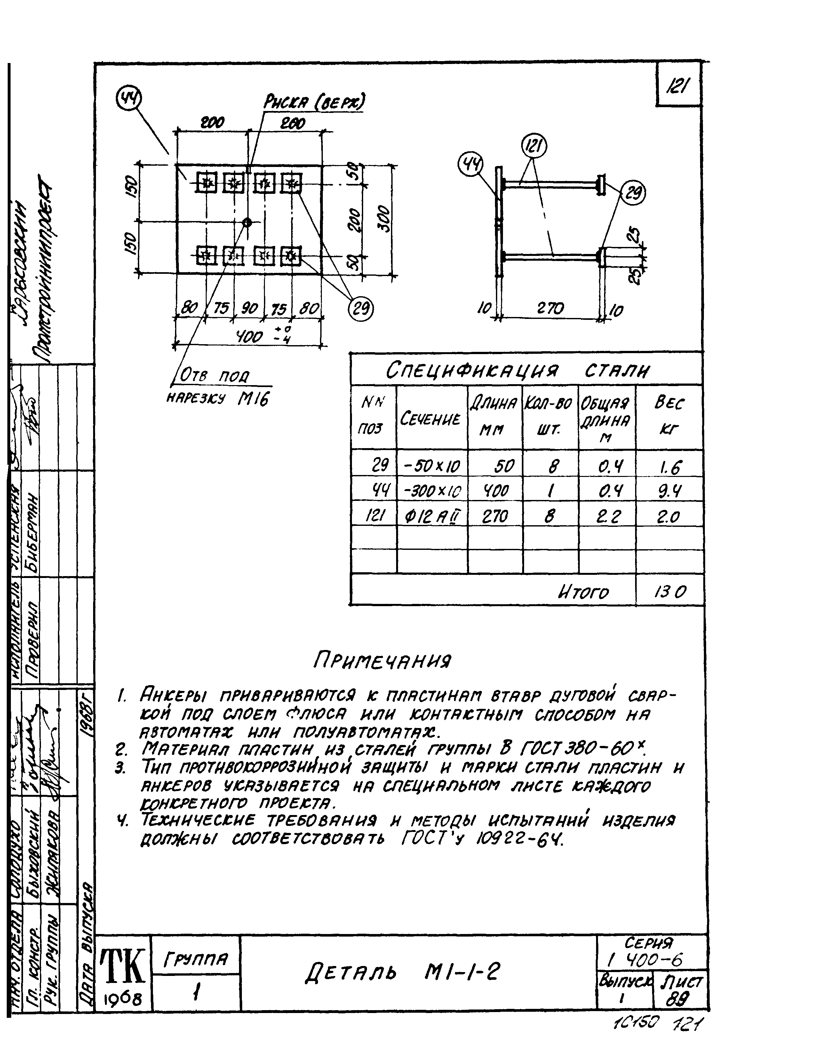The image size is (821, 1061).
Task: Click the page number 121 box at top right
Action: pyautogui.click(x=678, y=86)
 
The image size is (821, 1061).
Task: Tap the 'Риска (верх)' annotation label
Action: pyautogui.click(x=314, y=102)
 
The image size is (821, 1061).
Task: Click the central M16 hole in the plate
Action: pyautogui.click(x=247, y=222)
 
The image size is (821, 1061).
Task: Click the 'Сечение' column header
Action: pyautogui.click(x=430, y=419)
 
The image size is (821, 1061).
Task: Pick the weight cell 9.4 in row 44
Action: pyautogui.click(x=669, y=492)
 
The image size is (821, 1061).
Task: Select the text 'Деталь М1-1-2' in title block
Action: pyautogui.click(x=402, y=972)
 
